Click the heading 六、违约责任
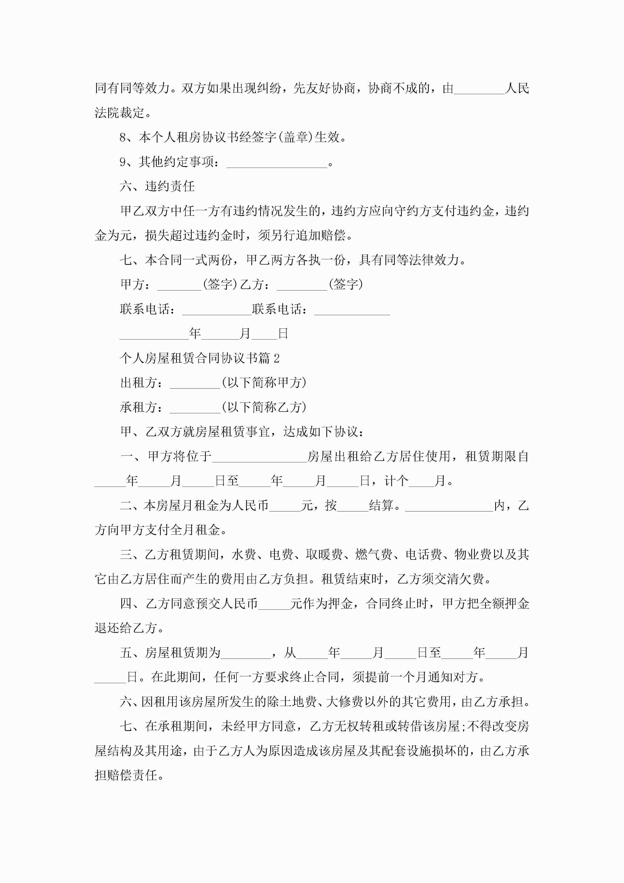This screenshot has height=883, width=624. pos(157,187)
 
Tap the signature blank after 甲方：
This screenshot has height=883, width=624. pos(179,286)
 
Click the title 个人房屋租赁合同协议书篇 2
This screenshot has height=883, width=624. pos(200,358)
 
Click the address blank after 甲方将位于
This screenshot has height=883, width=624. pos(259,458)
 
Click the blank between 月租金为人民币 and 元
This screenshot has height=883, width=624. pos(285,508)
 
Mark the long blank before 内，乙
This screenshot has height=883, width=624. pos(449,508)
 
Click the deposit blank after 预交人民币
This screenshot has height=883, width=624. pos(274,606)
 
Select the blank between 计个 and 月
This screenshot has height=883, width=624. pos(421,483)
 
